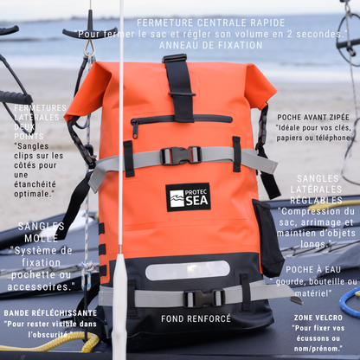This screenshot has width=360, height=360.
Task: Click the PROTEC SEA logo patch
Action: point(188,197)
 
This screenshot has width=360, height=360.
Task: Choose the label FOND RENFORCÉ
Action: point(196,318)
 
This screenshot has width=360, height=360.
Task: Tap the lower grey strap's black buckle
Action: point(200,299)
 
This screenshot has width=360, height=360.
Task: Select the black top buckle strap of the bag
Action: point(180,87)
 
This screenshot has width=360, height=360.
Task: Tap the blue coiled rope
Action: point(350,303)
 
